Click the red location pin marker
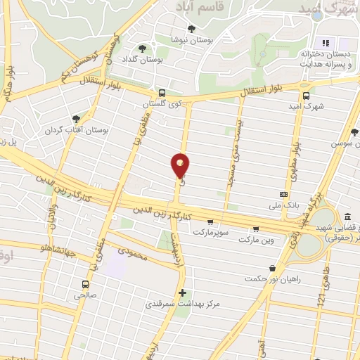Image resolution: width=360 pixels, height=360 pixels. (x=180, y=165)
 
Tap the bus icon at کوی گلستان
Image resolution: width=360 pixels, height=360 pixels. (x=162, y=92)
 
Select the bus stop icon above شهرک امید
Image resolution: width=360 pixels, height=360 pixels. (x=306, y=96)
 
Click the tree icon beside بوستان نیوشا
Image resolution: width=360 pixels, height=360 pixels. (x=192, y=29)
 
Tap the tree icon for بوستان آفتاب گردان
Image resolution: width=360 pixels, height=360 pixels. (x=76, y=119)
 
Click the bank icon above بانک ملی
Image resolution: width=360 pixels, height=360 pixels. (x=283, y=193)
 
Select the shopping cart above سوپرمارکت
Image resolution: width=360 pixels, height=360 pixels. (x=210, y=221)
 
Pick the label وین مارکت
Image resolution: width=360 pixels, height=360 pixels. (x=255, y=240)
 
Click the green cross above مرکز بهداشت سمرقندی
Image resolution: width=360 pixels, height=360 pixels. (x=182, y=292)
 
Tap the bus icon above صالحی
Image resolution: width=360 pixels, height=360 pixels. (x=85, y=285)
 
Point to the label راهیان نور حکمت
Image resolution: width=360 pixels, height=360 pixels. (x=273, y=278)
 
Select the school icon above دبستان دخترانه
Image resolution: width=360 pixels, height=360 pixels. (x=325, y=41)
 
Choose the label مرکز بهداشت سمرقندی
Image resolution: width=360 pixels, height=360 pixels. (x=182, y=304)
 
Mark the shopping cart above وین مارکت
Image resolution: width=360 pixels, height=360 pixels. (x=255, y=229)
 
